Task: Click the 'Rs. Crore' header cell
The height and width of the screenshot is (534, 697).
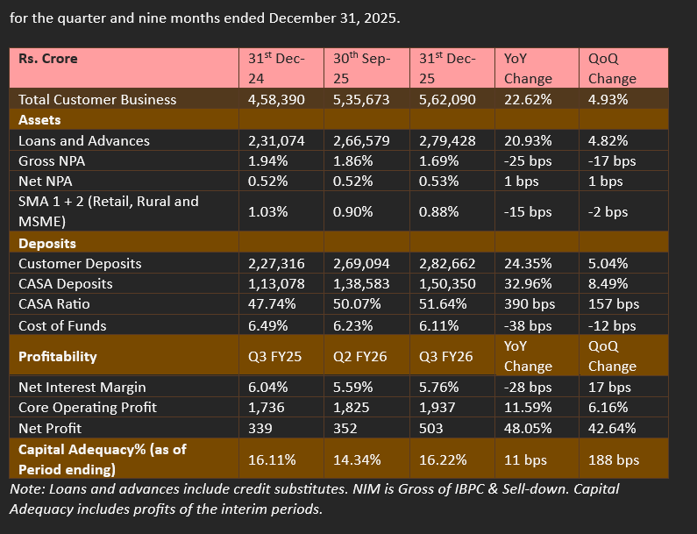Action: (x=48, y=59)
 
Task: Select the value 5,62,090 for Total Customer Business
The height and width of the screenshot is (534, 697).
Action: (x=447, y=100)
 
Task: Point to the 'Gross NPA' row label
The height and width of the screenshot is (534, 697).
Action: (x=52, y=160)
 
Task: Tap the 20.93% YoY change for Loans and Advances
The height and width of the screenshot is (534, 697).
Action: (x=528, y=141)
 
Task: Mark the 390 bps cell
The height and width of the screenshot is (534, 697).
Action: (x=530, y=304)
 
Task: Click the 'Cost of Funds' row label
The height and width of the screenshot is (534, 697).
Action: (x=62, y=325)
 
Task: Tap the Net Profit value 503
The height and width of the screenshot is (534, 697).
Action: (x=433, y=428)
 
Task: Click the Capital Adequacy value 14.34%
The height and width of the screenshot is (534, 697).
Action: (x=358, y=459)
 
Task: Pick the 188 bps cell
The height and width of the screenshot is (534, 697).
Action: (x=614, y=459)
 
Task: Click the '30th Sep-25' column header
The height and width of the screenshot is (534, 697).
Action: (x=361, y=68)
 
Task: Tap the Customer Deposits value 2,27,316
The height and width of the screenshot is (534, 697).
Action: (x=276, y=264)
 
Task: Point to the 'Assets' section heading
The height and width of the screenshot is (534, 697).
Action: (x=39, y=120)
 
